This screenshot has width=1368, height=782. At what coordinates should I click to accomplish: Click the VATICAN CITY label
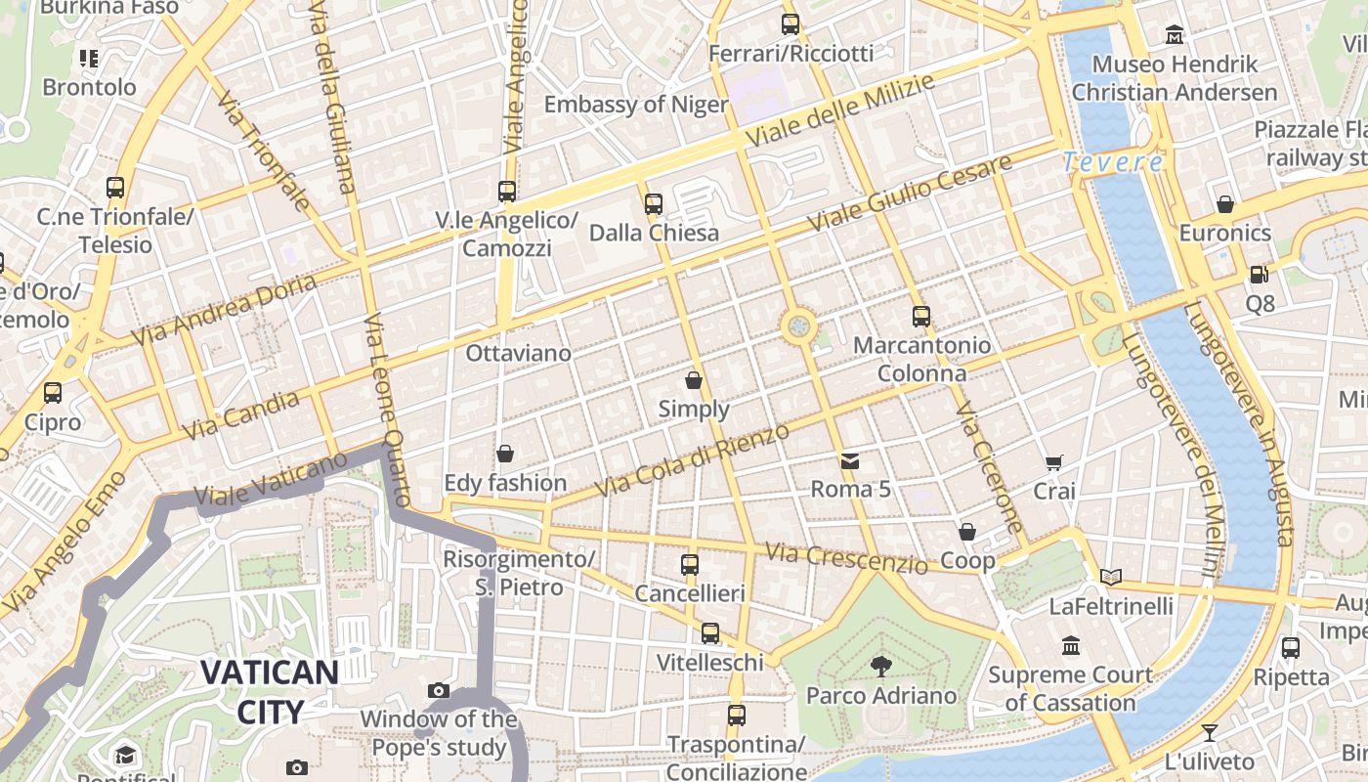click(x=270, y=691)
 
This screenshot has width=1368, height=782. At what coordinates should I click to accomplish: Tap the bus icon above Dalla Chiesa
click(x=654, y=204)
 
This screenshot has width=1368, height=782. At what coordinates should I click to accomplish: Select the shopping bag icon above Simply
click(x=694, y=380)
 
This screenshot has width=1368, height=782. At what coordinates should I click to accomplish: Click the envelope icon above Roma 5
click(x=850, y=460)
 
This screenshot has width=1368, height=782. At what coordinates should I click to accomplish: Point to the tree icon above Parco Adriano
click(x=881, y=667)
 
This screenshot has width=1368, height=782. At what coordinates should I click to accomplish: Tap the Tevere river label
click(x=1113, y=162)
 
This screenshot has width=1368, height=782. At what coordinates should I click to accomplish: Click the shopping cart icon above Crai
click(x=1053, y=462)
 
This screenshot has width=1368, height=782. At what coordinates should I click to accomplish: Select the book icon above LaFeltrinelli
click(x=1111, y=577)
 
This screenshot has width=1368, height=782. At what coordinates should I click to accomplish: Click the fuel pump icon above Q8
click(x=1260, y=275)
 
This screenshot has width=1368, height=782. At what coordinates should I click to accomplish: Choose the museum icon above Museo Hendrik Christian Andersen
click(x=1175, y=35)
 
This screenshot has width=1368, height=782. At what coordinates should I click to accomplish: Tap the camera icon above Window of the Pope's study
click(x=439, y=691)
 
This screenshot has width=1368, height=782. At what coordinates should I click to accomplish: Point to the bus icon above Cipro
click(x=53, y=393)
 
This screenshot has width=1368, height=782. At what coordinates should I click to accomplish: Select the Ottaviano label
click(x=518, y=353)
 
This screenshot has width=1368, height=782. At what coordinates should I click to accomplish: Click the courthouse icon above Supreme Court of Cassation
click(x=1071, y=646)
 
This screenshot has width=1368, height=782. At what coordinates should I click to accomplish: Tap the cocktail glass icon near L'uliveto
click(x=1210, y=732)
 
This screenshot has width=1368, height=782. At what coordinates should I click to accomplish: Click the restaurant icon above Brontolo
click(x=89, y=59)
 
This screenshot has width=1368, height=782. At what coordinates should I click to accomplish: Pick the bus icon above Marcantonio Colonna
click(x=921, y=317)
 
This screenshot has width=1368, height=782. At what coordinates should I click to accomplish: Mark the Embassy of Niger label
click(x=636, y=105)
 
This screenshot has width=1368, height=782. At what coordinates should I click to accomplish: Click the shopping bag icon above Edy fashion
click(x=505, y=454)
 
